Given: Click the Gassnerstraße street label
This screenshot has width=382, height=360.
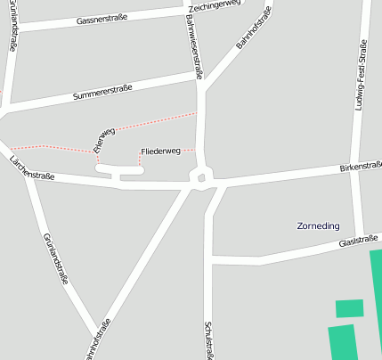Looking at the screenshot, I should (102, 18).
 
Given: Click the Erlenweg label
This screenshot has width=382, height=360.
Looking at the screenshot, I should (104, 138).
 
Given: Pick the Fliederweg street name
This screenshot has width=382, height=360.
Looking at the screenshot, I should (160, 151).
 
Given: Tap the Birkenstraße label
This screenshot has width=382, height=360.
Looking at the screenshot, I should (361, 166).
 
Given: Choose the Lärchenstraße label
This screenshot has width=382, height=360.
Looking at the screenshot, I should (32, 168).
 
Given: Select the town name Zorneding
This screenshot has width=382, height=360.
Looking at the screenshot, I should (318, 225).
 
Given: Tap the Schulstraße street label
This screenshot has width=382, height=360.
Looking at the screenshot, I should (209, 340).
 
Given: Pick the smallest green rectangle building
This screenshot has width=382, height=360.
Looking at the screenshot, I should (349, 308).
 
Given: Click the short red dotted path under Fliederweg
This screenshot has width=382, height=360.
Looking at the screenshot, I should (140, 160).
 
